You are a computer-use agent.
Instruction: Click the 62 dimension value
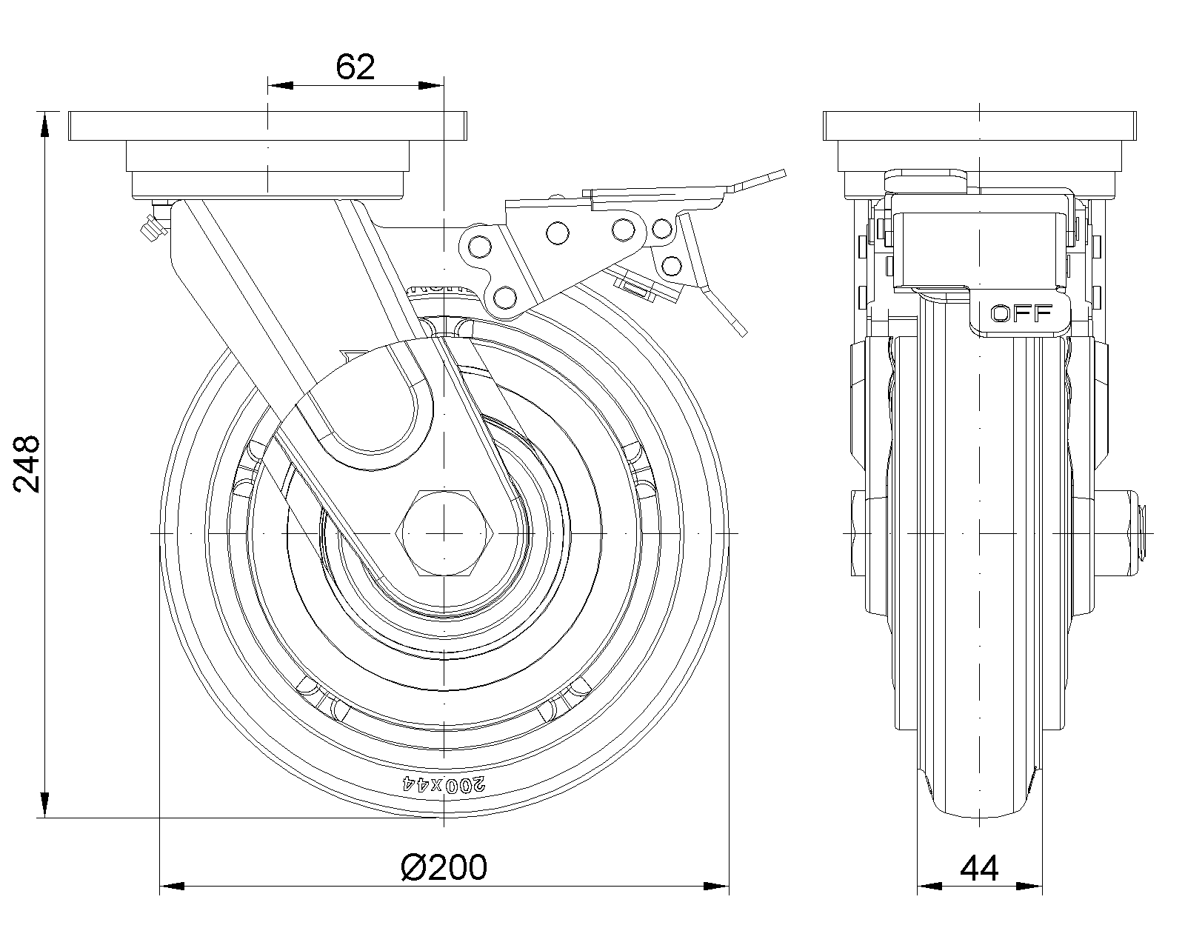[355, 67]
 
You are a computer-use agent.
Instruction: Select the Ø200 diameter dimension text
[444, 867]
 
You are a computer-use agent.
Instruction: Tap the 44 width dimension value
[979, 867]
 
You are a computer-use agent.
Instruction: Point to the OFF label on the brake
[1021, 313]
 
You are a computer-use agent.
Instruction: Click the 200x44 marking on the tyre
[444, 784]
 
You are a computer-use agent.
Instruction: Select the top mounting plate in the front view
[979, 126]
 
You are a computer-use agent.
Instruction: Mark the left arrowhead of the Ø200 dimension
[172, 885]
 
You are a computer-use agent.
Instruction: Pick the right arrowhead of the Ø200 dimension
[717, 885]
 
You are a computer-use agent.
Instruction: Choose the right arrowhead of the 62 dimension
[431, 86]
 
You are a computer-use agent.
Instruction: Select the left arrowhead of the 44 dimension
[930, 885]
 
